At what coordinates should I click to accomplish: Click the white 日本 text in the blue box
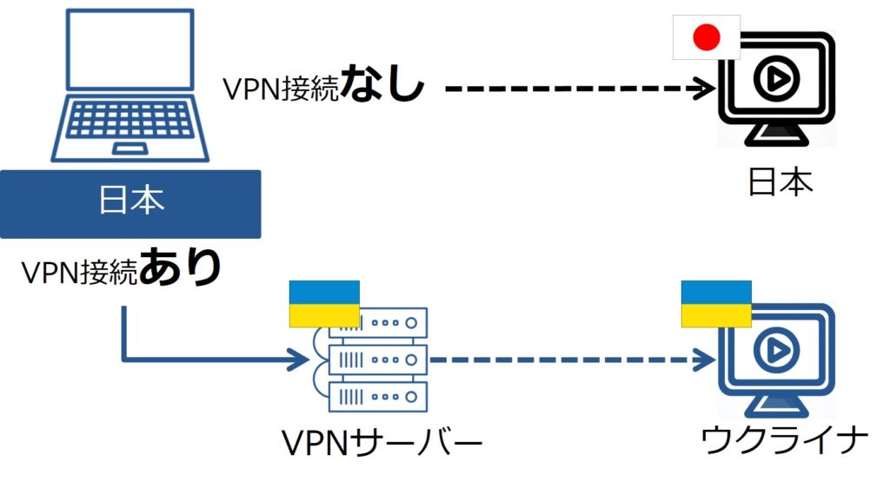[x=130, y=202]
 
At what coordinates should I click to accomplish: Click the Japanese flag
[x=707, y=36]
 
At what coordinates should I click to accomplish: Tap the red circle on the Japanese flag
[x=707, y=36]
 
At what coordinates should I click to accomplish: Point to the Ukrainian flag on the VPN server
[x=324, y=303]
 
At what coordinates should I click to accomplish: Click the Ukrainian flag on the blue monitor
[x=716, y=304]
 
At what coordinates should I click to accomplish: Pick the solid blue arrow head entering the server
[x=301, y=358]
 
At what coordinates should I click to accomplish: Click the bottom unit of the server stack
[x=378, y=397]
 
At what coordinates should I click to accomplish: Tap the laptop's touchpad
[x=130, y=148]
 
